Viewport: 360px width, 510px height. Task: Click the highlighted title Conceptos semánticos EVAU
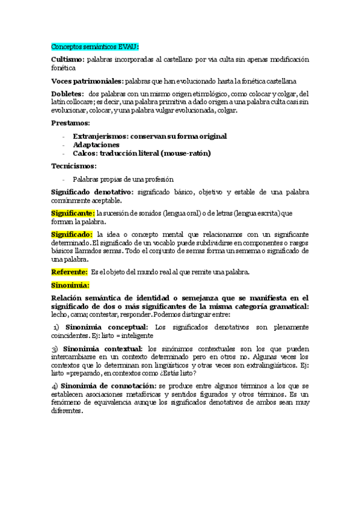pyautogui.click(x=95, y=46)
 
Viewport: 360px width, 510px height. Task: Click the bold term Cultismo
pyautogui.click(x=69, y=60)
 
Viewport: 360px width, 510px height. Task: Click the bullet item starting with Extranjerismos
pyautogui.click(x=150, y=137)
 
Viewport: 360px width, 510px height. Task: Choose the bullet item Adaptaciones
pyautogui.click(x=96, y=145)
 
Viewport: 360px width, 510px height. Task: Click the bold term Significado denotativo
pyautogui.click(x=93, y=192)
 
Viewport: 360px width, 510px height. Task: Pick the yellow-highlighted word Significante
pyautogui.click(x=73, y=213)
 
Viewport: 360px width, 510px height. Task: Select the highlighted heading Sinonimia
pyautogui.click(x=70, y=284)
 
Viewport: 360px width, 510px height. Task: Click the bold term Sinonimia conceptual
pyautogui.click(x=107, y=327)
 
